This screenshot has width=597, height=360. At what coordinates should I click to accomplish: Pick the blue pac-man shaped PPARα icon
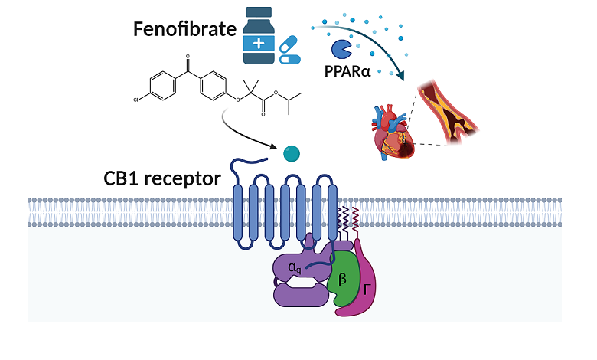341,50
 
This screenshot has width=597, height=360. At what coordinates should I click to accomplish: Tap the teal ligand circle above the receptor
291,152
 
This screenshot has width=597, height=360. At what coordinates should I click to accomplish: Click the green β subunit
343,277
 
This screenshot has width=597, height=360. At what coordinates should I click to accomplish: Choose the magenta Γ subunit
365,286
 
